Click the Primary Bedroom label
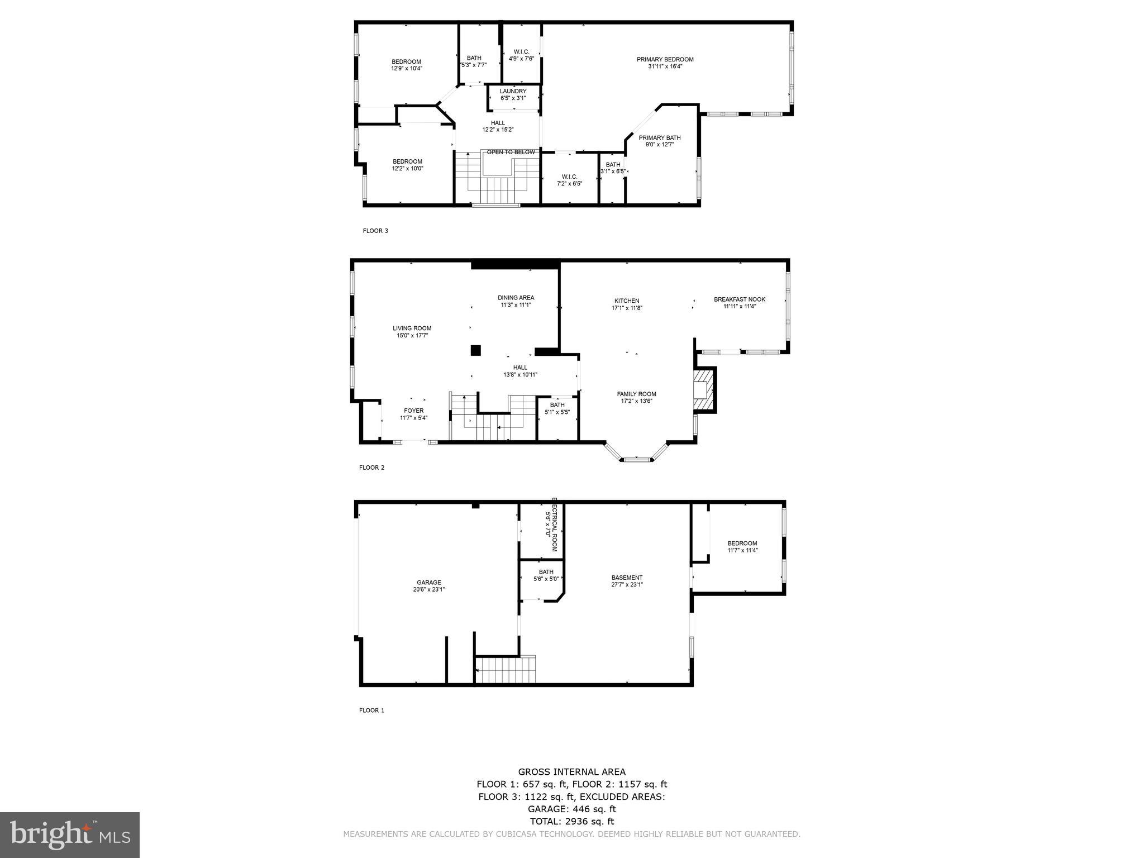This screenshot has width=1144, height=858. coord(665,60)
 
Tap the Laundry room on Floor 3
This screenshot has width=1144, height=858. coord(513,94)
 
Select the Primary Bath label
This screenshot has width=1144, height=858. coord(660,138)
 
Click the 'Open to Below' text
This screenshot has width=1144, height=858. coord(511,152)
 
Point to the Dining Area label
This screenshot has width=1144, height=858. coord(516,298)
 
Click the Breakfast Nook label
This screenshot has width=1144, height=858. coord(739,299)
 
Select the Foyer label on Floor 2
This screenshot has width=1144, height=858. coord(414,411)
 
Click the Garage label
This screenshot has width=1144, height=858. coord(428,583)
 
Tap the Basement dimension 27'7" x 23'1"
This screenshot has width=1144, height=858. coord(627,585)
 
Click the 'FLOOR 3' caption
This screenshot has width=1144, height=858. coord(375,231)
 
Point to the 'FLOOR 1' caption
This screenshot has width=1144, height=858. coord(371,711)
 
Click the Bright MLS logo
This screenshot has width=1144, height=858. coord(70,835)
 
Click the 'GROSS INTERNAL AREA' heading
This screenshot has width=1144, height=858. coord(571,772)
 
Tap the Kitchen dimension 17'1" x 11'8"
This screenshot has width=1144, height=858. coord(627,308)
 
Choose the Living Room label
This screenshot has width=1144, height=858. coord(412,328)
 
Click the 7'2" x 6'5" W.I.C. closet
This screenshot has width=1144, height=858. coord(569,180)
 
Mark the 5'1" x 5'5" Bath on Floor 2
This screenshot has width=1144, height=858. coord(557,409)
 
